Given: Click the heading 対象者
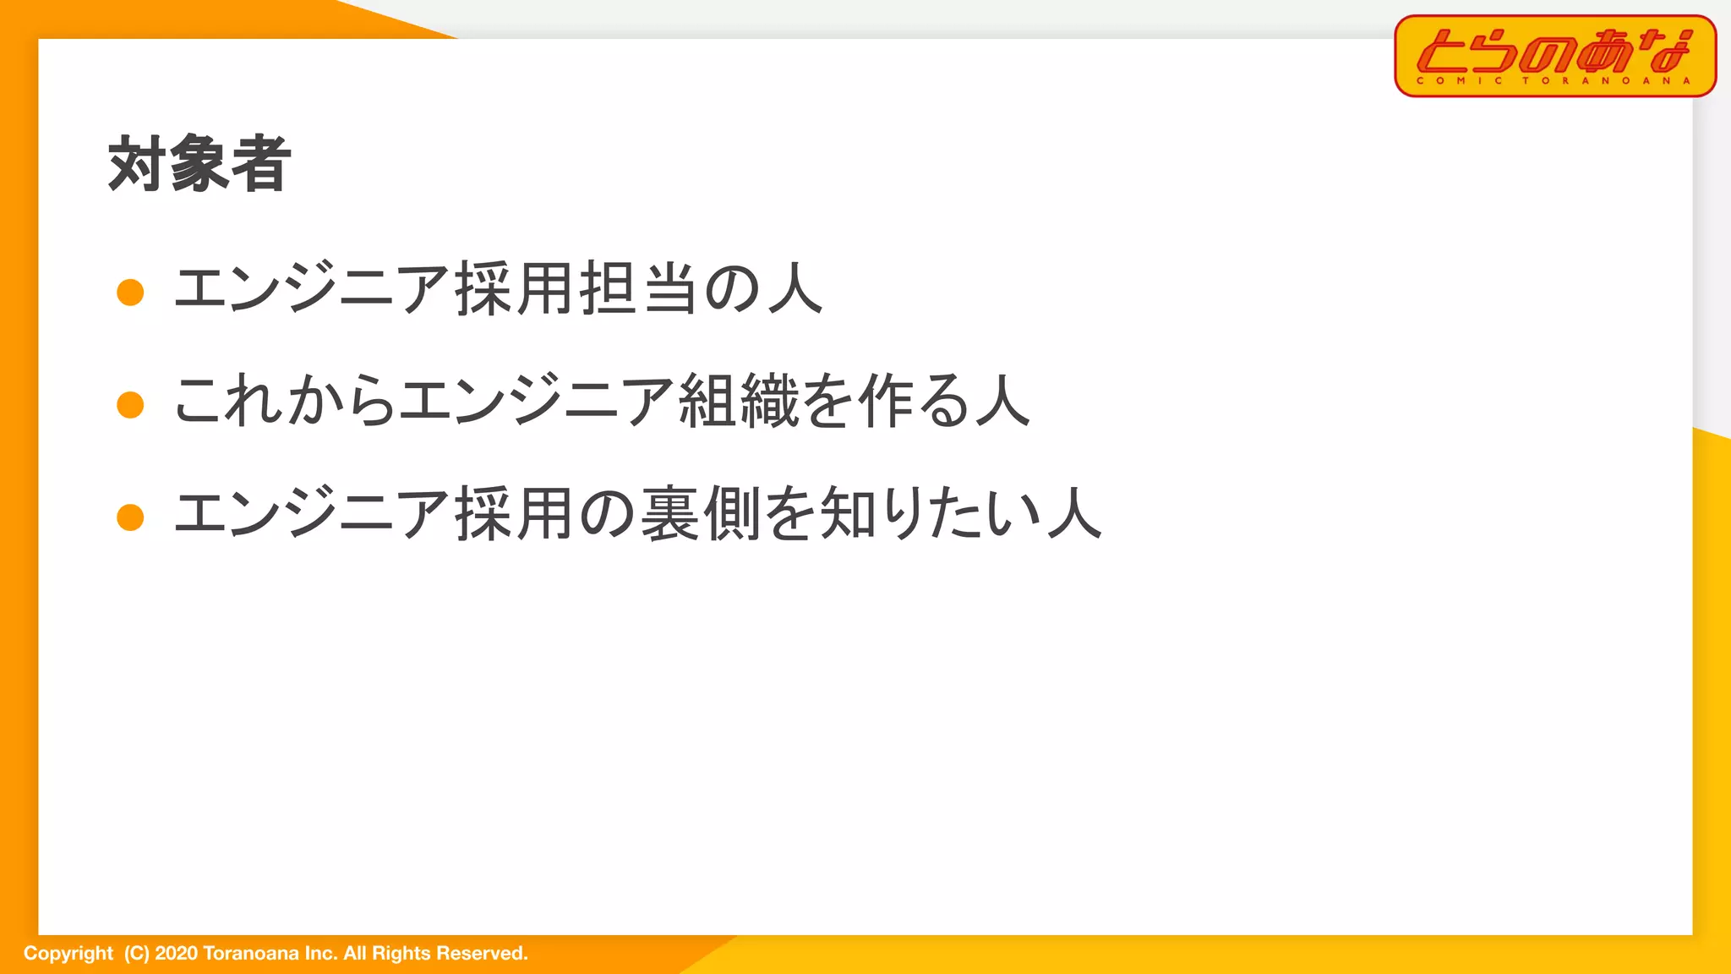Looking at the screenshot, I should coord(199,164).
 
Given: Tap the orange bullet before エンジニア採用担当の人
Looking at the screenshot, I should coord(130,292).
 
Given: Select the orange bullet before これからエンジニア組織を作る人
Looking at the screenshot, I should coord(130,404).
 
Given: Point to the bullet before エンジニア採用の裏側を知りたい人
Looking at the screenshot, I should coord(130,517).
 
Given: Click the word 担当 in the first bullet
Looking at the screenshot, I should coord(638,289).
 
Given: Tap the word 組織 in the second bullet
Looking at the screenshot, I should coord(739,401).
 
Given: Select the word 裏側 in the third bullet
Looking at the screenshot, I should coord(701,514).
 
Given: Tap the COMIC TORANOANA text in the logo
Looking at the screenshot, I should coord(1554,81).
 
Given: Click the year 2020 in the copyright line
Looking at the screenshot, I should coord(176,954).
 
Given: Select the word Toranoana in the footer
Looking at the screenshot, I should coord(251,954).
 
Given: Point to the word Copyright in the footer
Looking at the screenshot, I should coord(68,954).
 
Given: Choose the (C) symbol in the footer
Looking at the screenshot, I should coord(136,954).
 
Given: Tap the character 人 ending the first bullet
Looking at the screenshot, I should coord(795,289).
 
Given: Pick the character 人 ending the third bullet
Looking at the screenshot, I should coord(1074,514).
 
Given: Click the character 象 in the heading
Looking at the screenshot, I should coord(199,164).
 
